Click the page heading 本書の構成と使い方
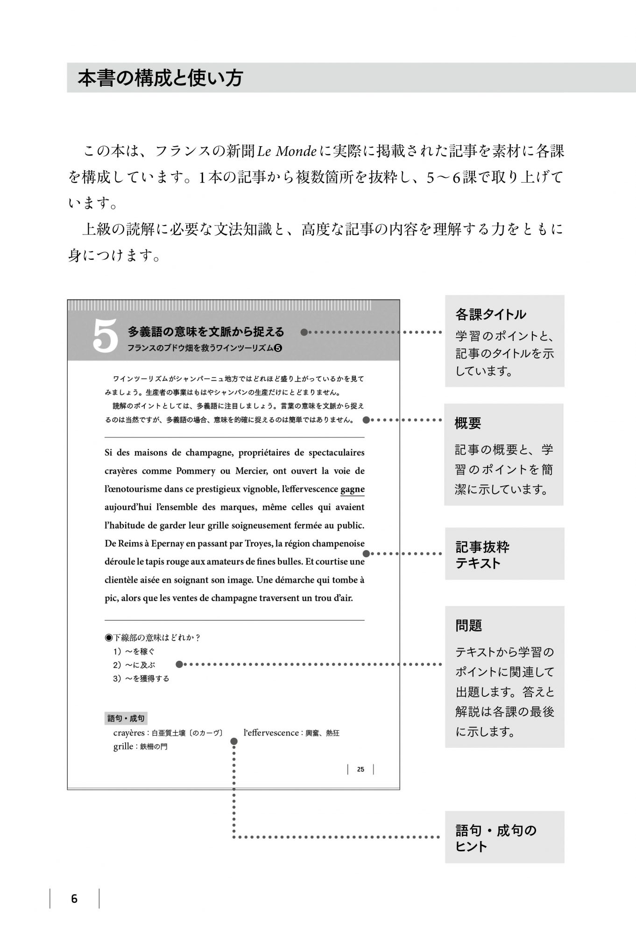(x=160, y=78)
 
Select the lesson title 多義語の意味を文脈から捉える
(x=206, y=332)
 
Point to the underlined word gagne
(x=353, y=489)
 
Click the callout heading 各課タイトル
(x=490, y=314)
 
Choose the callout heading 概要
(x=468, y=423)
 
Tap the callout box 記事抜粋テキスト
(x=504, y=554)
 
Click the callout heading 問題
(x=468, y=625)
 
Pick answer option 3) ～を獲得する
(x=141, y=679)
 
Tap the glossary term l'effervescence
(x=271, y=733)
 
